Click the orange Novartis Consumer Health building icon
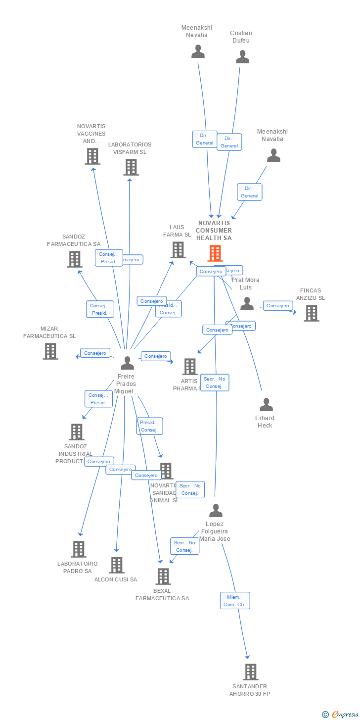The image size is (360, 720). (x=215, y=253)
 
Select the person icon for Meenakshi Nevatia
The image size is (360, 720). (x=198, y=51)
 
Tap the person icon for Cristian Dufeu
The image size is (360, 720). (x=242, y=57)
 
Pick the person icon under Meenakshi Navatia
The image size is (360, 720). (x=273, y=155)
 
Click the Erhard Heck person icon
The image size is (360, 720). (x=266, y=405)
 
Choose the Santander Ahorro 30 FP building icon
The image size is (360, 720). (x=251, y=672)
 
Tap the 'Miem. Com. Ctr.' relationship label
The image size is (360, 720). (x=235, y=600)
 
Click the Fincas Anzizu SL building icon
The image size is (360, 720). (x=311, y=313)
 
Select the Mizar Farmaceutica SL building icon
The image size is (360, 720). (x=50, y=351)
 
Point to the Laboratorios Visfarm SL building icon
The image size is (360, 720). (x=131, y=167)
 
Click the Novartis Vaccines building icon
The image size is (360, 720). (x=92, y=156)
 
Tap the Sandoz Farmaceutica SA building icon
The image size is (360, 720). (x=75, y=259)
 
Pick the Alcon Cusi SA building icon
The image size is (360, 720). (x=117, y=565)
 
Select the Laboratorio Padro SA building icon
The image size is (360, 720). (x=79, y=549)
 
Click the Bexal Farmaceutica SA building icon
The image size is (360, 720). (x=163, y=576)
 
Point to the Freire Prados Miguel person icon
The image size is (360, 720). (x=127, y=363)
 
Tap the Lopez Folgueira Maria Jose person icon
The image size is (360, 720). (x=216, y=511)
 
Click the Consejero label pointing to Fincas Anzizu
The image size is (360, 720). (x=277, y=306)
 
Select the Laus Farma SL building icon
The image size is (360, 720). (x=178, y=250)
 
